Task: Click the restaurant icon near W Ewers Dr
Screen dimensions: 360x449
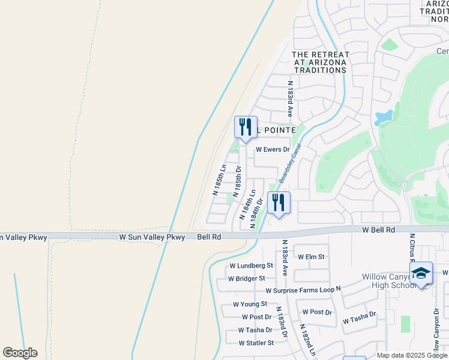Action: pos(246,127)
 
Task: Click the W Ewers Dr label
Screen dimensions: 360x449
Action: pos(273,149)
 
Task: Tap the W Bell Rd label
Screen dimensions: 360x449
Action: pos(378,230)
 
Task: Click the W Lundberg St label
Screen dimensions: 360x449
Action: pos(251,265)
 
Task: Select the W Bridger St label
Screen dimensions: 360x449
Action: pos(246,278)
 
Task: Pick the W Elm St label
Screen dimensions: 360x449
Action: pos(311,257)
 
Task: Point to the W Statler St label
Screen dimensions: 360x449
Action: pos(256,343)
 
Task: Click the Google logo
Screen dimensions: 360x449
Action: pos(20,353)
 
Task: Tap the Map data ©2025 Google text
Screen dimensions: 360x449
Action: pos(412,355)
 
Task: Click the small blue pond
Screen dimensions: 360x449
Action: pos(383,117)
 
